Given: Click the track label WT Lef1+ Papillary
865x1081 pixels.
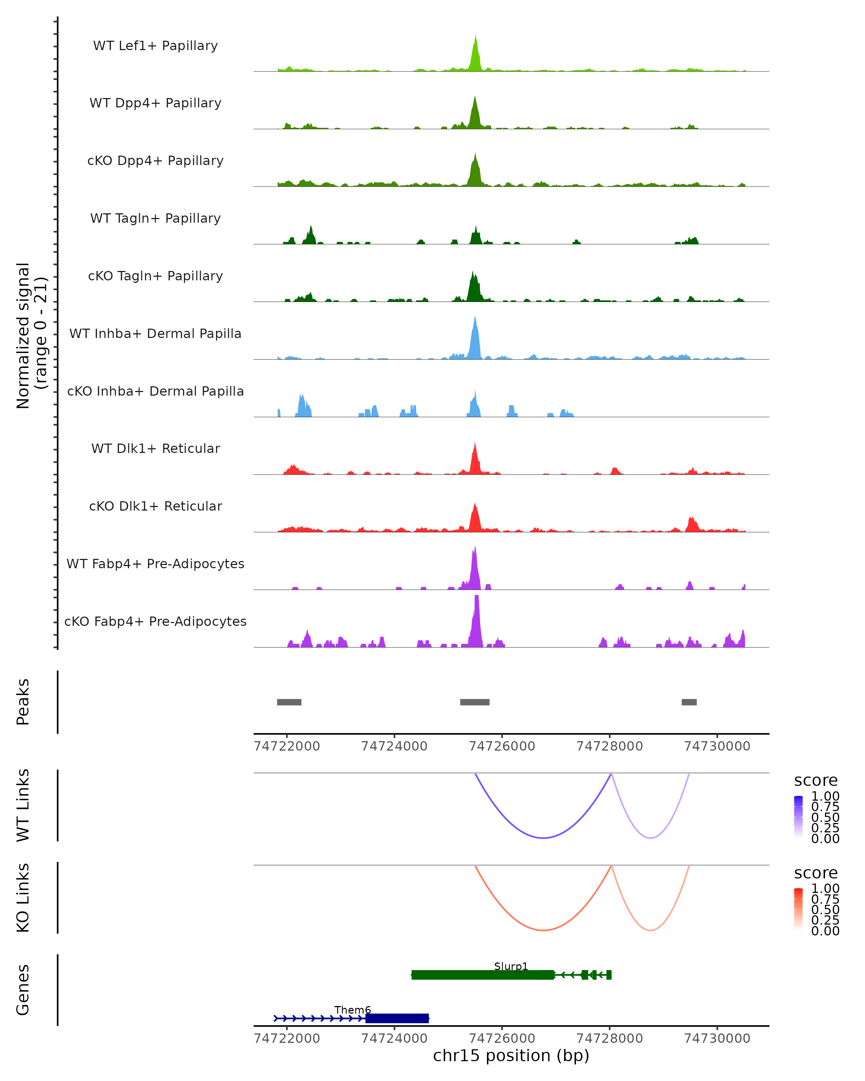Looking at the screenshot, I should click(x=155, y=46).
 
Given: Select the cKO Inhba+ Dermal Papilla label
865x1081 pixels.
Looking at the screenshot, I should click(x=155, y=391).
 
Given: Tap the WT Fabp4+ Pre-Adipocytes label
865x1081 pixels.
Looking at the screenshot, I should click(x=155, y=564).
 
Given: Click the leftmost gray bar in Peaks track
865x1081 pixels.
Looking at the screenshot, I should click(x=289, y=702).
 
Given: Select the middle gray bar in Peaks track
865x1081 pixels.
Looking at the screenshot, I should click(x=475, y=702).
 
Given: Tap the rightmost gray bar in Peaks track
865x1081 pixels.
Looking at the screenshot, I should click(x=689, y=702).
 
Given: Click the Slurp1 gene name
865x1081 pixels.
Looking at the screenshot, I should click(x=511, y=966).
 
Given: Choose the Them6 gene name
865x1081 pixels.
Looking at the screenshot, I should click(x=352, y=1010).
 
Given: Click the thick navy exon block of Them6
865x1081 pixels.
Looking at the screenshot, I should click(x=397, y=1018).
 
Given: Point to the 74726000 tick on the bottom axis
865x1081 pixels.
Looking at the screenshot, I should click(x=502, y=1038).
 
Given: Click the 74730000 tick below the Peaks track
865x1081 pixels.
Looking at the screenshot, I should click(x=717, y=746).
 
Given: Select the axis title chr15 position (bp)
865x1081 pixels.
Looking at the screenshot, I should click(x=511, y=1055).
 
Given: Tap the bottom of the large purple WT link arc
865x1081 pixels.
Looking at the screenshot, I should click(x=543, y=838).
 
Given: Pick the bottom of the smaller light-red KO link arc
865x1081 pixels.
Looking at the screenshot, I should click(x=651, y=930).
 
